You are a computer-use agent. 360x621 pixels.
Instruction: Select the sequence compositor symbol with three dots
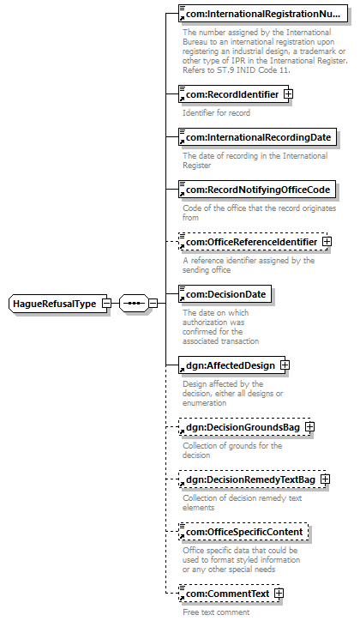pyautogui.click(x=134, y=304)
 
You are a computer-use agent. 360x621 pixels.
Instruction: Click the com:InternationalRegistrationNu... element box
pyautogui.click(x=263, y=14)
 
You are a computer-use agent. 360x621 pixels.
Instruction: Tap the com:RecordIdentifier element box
pyautogui.click(x=233, y=94)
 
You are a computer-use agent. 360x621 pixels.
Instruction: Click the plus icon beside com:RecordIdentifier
pyautogui.click(x=289, y=94)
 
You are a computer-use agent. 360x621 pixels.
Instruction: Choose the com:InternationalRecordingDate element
pyautogui.click(x=257, y=137)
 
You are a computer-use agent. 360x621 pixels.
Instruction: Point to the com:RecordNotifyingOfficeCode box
pyautogui.click(x=257, y=190)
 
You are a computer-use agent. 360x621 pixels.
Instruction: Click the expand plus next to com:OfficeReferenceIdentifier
pyautogui.click(x=327, y=242)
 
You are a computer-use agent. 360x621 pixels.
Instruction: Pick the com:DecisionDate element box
pyautogui.click(x=225, y=294)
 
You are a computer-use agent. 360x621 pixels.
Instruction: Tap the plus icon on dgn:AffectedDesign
pyautogui.click(x=285, y=365)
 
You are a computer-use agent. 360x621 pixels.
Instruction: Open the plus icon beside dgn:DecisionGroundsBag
pyautogui.click(x=310, y=427)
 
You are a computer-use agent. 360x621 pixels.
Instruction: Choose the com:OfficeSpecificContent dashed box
pyautogui.click(x=243, y=532)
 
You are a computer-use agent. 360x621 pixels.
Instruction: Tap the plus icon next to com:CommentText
pyautogui.click(x=279, y=594)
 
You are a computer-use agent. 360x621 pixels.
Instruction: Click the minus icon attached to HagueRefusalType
pyautogui.click(x=107, y=304)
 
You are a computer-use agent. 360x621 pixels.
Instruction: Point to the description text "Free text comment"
pyautogui.click(x=216, y=612)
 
